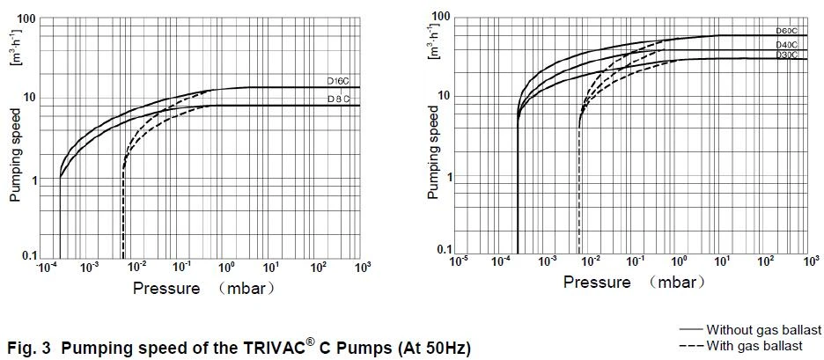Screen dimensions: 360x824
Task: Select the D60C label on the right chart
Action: (x=786, y=32)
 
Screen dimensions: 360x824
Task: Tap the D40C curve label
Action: (x=786, y=44)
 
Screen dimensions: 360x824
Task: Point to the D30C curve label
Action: (x=786, y=55)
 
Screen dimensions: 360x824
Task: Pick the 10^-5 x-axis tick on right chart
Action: (x=458, y=261)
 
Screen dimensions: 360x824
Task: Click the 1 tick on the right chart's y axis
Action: (x=449, y=177)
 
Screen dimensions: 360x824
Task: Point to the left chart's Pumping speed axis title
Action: (x=15, y=158)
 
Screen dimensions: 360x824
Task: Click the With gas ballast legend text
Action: (x=754, y=346)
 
